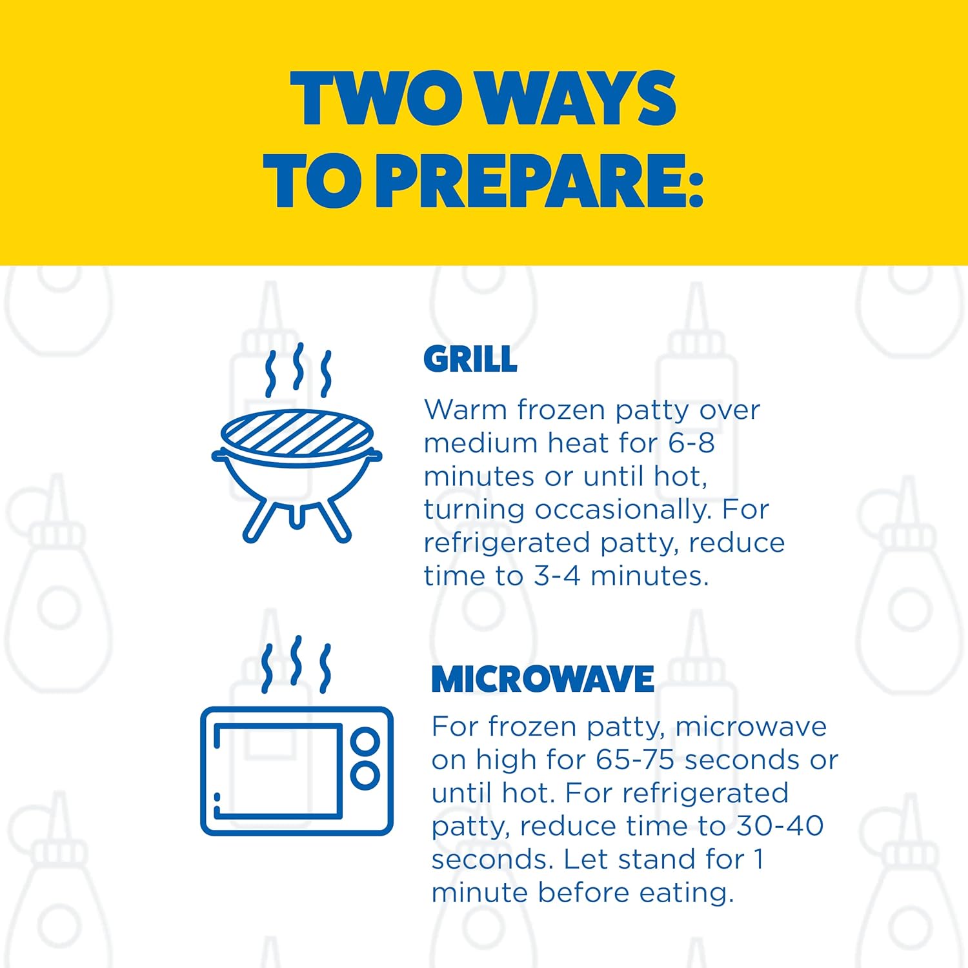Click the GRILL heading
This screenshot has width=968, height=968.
[x=470, y=359]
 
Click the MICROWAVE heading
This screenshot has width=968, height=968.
[x=543, y=679]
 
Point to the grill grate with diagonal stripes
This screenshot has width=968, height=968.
[x=297, y=431]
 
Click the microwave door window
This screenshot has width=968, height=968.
[x=277, y=771]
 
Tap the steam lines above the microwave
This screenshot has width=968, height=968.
[x=296, y=665]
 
